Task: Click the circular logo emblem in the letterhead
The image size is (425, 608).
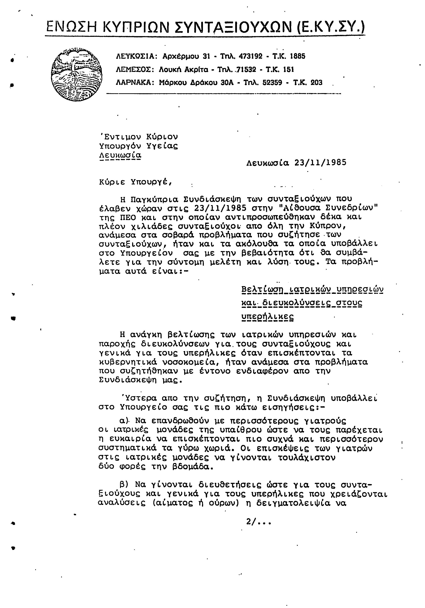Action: coord(77,75)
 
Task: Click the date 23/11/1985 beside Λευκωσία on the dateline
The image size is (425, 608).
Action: coord(320,163)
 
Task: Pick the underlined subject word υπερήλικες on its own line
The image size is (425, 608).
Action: coord(268,317)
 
